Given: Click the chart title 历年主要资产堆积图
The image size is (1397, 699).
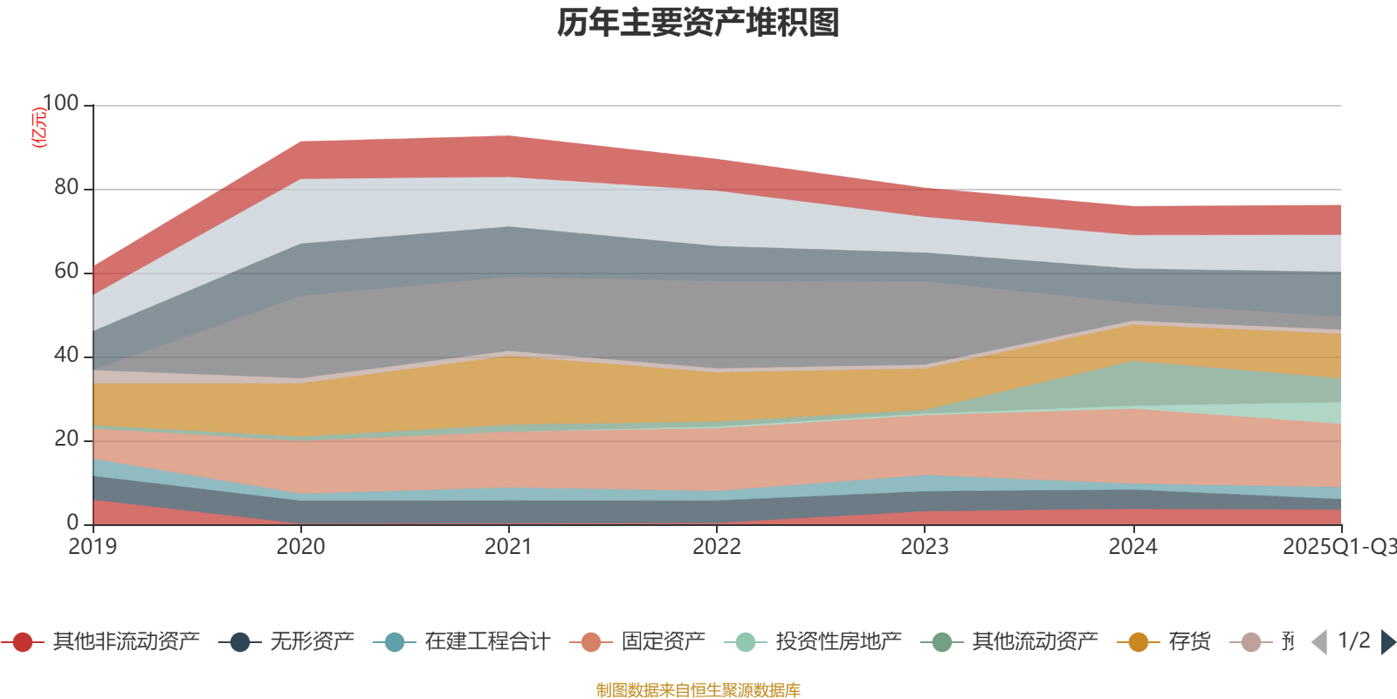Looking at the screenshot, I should click(698, 23).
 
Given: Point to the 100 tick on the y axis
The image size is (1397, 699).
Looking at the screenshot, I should click(60, 103).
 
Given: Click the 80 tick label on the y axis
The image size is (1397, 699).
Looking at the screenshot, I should click(65, 187).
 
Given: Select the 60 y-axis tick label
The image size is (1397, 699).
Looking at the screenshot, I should click(65, 271).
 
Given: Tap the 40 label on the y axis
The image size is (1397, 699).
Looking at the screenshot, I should click(65, 355).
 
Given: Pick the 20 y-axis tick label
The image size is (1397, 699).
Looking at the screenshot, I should click(65, 439).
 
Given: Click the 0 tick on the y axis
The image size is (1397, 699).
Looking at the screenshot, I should click(72, 523).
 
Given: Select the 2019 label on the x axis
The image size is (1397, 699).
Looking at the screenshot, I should click(93, 547).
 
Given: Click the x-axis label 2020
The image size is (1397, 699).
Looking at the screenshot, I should click(300, 547).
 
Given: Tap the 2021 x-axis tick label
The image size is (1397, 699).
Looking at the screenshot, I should click(508, 547).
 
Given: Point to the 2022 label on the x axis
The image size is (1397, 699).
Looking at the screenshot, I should click(716, 547).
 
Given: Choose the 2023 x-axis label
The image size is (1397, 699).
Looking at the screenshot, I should click(925, 547).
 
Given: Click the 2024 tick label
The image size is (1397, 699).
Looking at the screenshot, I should click(1132, 547).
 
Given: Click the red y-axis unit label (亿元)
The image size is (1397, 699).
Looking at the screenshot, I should click(38, 128).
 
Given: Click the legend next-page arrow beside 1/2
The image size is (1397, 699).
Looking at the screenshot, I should click(1387, 642).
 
